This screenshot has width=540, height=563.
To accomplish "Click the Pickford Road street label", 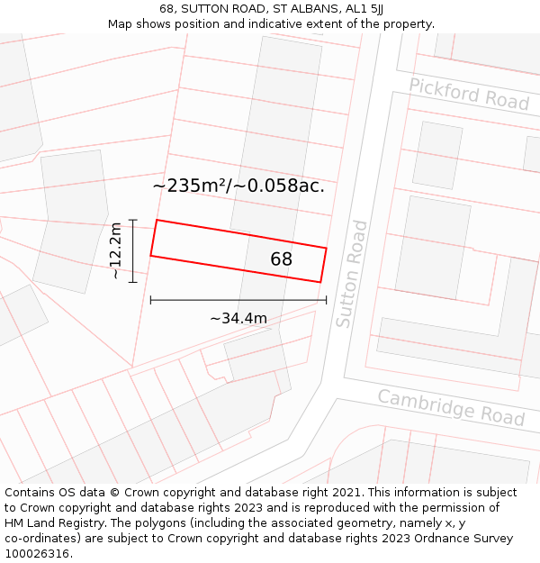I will [469, 94].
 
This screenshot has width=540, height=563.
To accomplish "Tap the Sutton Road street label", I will [351, 274].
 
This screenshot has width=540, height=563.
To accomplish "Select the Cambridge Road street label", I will [451, 407].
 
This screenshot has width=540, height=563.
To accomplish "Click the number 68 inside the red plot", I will [282, 259].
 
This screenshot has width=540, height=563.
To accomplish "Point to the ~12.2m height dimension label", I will [115, 251].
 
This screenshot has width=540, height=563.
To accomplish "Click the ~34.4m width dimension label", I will [238, 318].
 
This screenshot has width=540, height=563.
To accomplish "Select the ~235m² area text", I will [190, 186].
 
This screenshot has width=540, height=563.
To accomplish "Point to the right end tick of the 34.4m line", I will [326, 300].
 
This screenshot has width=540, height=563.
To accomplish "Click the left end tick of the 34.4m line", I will [150, 300].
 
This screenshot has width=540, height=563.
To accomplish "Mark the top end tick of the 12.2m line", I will [133, 220].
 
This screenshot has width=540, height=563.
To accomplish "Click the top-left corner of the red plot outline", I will [157, 220].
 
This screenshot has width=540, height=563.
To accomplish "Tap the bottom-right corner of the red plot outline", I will [320, 282].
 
